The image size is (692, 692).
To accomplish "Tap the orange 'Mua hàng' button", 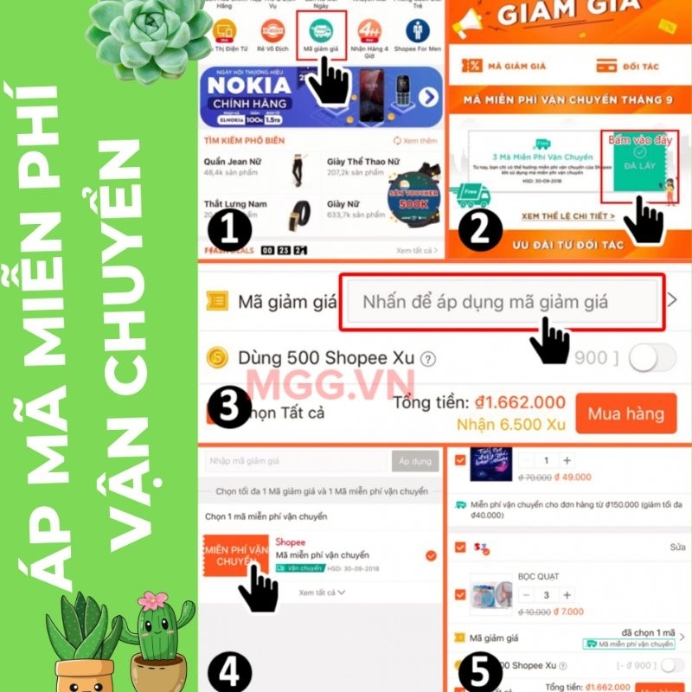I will [625, 413].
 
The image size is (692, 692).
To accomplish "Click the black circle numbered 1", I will [229, 230].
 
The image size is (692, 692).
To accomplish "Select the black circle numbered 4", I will [229, 671].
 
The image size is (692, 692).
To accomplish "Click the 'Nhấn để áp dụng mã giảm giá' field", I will [501, 302].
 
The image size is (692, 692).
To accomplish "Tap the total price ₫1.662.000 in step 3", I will [519, 402].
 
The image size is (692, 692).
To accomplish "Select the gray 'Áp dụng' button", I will [414, 461].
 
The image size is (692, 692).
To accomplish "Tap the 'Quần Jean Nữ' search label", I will [234, 162].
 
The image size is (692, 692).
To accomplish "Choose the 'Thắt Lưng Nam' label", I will [236, 204].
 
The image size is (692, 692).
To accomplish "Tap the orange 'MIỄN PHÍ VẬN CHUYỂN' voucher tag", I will [235, 555].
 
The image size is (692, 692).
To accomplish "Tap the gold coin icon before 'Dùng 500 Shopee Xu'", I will [218, 358].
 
